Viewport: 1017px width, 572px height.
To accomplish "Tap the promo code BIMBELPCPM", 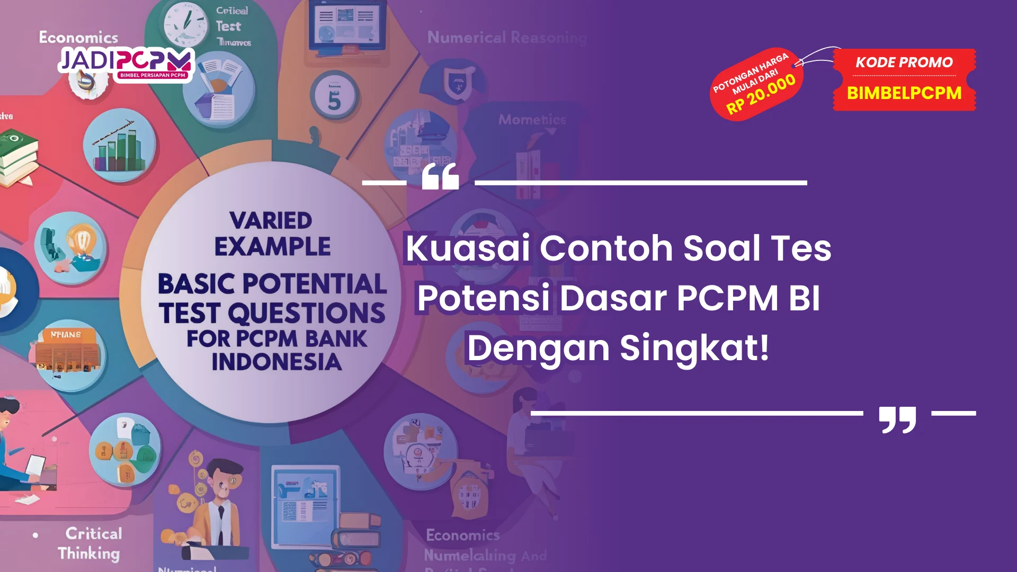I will pos(904,93).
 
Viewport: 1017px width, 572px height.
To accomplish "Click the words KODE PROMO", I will pos(904,62).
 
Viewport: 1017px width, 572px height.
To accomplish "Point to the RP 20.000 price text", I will pos(761,94).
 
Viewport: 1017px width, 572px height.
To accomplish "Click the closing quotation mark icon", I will pos(897,419).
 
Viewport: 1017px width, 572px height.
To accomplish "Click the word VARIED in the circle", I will pos(271,221).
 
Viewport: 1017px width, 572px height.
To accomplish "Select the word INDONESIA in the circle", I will pos(276,362).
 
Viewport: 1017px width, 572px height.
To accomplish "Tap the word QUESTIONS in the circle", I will pos(307,313).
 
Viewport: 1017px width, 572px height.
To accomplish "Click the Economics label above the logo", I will pos(78,38).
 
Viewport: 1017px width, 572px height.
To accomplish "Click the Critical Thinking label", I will pos(91,543).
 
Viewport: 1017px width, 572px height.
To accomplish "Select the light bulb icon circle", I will pos(72,247).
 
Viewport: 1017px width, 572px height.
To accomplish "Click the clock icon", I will pos(185,23).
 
